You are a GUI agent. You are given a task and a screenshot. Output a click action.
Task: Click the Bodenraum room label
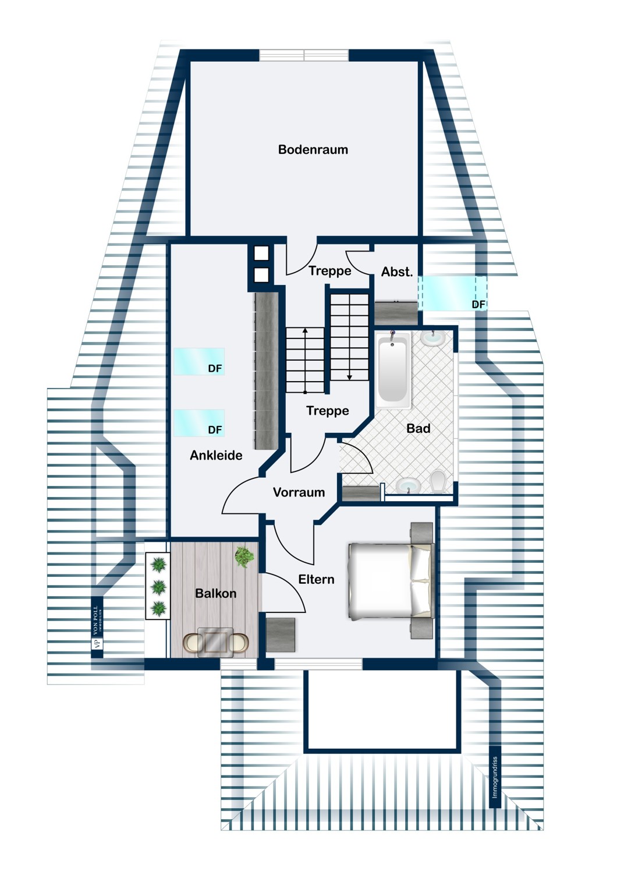click(x=313, y=150)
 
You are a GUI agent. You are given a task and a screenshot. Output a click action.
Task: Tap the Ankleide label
click(x=216, y=456)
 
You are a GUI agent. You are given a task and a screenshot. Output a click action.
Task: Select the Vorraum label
click(x=299, y=492)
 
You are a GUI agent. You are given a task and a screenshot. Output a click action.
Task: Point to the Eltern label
click(x=316, y=579)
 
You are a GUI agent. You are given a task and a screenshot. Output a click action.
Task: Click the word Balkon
click(x=215, y=594)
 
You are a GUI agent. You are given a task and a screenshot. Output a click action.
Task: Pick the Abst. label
click(x=396, y=272)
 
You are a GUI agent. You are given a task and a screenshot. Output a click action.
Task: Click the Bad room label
click(x=418, y=428)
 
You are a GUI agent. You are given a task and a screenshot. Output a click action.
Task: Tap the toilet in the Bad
click(x=438, y=481)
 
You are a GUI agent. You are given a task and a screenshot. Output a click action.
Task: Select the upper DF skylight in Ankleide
click(x=198, y=362)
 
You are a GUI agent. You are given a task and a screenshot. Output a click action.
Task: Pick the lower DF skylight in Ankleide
click(x=198, y=423)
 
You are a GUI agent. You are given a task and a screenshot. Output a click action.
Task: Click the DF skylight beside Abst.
click(x=452, y=293)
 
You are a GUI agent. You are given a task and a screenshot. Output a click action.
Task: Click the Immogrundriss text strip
click(x=495, y=777)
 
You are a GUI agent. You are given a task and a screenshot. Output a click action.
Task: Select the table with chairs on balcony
click(x=215, y=642)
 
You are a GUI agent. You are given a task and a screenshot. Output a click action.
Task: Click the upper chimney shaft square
click(x=261, y=253)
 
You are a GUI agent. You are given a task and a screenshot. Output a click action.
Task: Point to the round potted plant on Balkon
click(x=244, y=557)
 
